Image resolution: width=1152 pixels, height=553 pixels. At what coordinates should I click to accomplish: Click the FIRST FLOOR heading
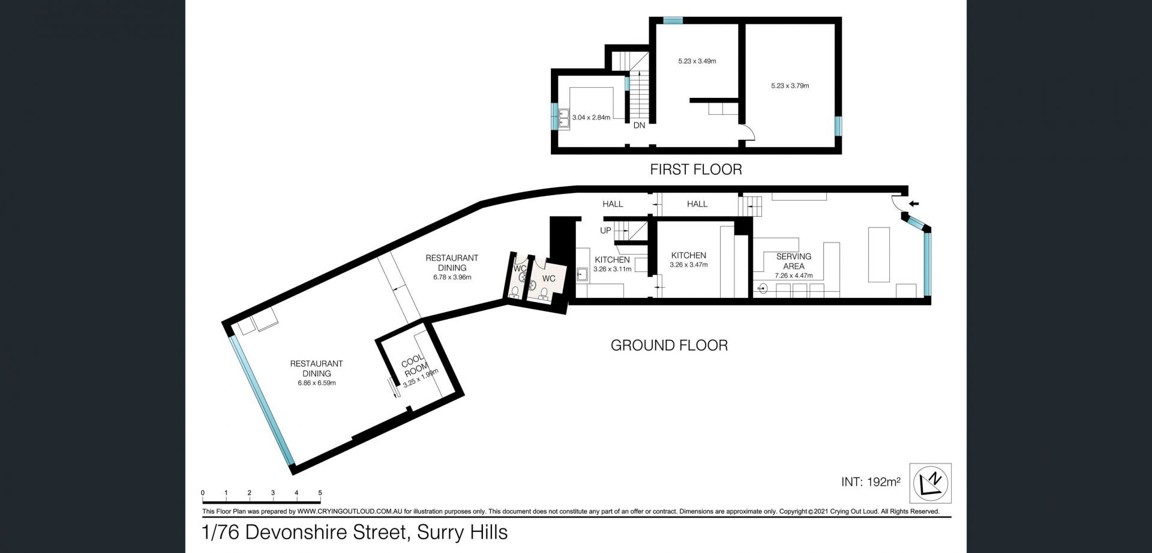coord(696,169)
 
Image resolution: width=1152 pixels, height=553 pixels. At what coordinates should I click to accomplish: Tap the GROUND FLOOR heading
coord(669,345)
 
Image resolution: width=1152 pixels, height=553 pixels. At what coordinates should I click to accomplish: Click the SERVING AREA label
coord(794,261)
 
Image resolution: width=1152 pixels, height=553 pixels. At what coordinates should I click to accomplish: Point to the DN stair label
coord(639,125)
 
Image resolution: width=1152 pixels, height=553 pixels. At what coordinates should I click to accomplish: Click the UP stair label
coord(605,231)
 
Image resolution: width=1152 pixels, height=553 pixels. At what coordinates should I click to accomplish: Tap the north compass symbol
coord(931,483)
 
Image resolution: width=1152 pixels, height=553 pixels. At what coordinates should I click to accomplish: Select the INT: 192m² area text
coord(871,482)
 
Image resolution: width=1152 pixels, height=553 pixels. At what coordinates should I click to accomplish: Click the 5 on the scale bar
coord(320,493)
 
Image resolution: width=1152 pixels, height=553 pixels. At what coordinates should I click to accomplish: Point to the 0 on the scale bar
coord(203,493)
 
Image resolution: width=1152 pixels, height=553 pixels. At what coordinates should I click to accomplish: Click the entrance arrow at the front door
coord(914,204)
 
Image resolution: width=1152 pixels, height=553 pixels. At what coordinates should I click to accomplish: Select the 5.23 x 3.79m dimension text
coord(790,86)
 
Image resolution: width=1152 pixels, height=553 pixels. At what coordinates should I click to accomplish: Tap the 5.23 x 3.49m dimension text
coord(697,61)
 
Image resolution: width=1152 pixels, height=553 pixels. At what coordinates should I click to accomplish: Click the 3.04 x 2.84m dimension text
coord(591,118)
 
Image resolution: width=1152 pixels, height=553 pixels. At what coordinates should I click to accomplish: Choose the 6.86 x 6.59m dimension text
coord(316,383)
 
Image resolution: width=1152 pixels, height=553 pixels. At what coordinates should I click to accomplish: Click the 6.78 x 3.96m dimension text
coord(452,277)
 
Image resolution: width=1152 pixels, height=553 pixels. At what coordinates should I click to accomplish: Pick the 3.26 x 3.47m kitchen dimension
coord(688,265)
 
